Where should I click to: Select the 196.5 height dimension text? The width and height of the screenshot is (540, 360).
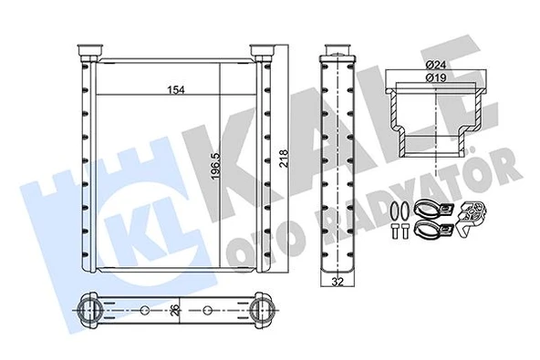(x=212, y=165)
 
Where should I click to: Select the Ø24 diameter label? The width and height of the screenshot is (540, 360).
(x=434, y=65)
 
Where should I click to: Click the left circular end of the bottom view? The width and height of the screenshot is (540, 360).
(x=88, y=310)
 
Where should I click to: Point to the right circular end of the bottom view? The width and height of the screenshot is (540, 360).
(x=262, y=310)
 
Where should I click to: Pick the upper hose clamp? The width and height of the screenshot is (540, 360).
(x=429, y=209)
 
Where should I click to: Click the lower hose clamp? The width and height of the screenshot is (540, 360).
(x=429, y=229)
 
